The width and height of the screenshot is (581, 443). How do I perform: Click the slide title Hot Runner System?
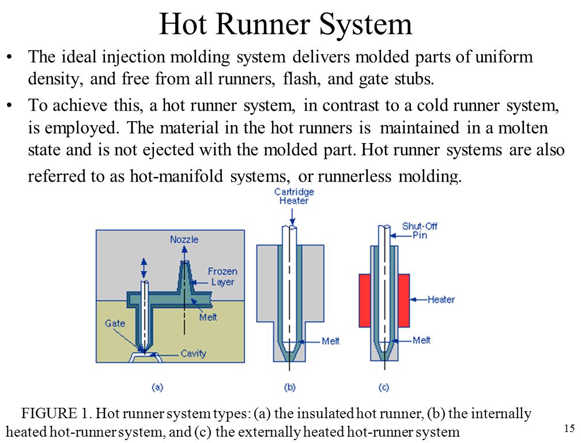(x=285, y=24)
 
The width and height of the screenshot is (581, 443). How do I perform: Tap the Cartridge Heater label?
(x=294, y=196)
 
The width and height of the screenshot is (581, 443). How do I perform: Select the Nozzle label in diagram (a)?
(x=184, y=239)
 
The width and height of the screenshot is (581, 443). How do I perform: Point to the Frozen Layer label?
(x=222, y=276)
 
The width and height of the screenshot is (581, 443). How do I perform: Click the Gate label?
(x=115, y=323)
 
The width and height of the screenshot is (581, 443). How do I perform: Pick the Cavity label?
(x=194, y=353)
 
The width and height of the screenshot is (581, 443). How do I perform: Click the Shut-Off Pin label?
(x=420, y=231)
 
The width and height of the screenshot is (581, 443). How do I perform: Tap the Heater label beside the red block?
(x=441, y=299)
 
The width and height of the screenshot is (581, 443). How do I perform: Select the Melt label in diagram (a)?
(x=208, y=317)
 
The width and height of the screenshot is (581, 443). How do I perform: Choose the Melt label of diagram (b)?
(x=330, y=341)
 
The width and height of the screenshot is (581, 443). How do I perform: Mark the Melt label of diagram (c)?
(x=422, y=340)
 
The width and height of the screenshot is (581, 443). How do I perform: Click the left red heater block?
(x=365, y=301)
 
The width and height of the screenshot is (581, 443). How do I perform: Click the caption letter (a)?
(x=157, y=388)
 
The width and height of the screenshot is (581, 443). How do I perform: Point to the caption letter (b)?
(x=290, y=388)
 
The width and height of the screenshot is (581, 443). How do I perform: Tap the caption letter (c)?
(x=384, y=388)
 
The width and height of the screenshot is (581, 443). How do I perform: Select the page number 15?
(x=569, y=429)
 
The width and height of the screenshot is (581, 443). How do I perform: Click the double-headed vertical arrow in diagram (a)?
(x=144, y=268)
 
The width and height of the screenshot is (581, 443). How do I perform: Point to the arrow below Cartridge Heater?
(x=293, y=216)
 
